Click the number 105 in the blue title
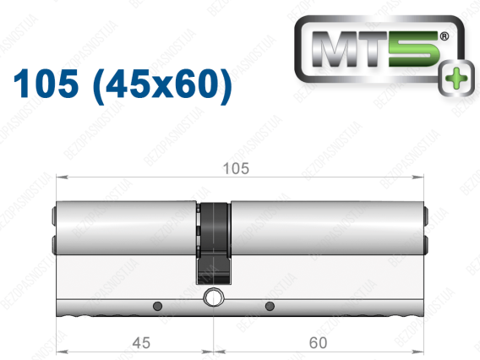46,84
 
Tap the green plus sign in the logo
456,79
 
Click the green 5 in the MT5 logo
414,49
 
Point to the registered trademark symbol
445,36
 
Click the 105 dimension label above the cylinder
236,168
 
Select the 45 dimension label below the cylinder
141,342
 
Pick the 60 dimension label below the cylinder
318,342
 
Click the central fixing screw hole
213,297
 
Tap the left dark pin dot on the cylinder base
157,306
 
